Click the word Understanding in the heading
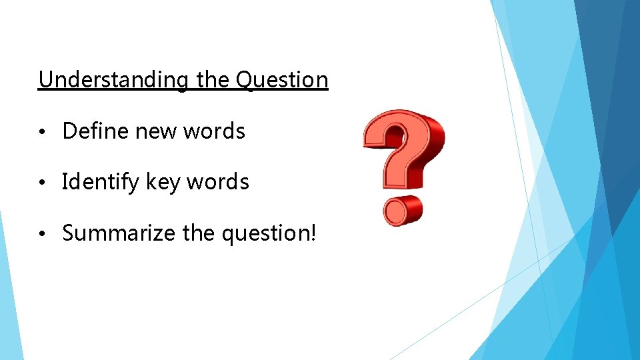coord(113,80)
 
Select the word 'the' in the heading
coord(213,80)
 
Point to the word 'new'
coord(156,132)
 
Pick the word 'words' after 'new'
coord(215,131)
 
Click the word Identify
coord(98,182)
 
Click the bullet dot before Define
coord(41,132)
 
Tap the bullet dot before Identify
coord(41,183)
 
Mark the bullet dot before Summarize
coord(41,234)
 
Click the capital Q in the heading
coord(245,80)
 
